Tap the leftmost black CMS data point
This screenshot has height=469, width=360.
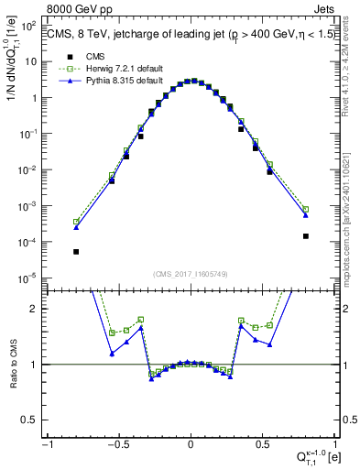(x=76, y=251)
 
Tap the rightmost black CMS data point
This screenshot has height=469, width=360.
(x=306, y=235)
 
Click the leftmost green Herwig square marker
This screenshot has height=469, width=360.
(x=76, y=222)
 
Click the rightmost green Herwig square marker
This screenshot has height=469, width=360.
(x=306, y=209)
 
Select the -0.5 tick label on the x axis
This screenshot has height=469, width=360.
(x=117, y=443)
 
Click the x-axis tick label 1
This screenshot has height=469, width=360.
(x=334, y=443)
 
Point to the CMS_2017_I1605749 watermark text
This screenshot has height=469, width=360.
(x=190, y=274)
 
